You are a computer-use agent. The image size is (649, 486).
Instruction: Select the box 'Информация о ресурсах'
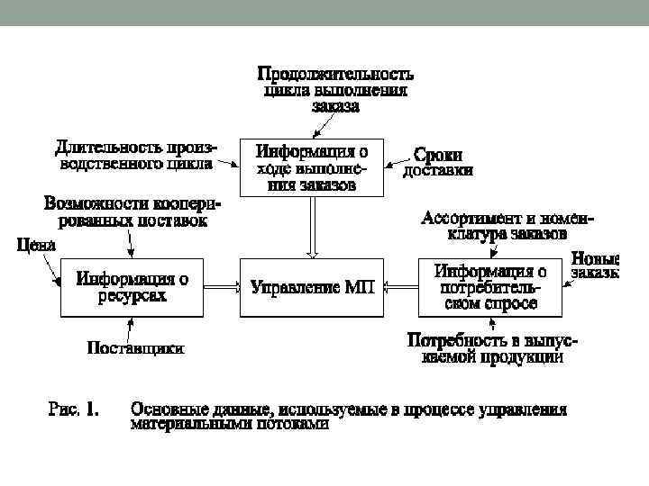pos(132,287)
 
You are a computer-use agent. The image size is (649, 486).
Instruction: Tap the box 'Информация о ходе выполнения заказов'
pos(311,166)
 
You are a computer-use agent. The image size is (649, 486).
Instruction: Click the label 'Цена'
pos(37,244)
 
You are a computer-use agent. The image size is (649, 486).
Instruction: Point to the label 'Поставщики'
pos(135,346)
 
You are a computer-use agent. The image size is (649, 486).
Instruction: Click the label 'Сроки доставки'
pos(437,162)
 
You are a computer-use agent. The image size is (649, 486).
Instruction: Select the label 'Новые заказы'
pos(595,265)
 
